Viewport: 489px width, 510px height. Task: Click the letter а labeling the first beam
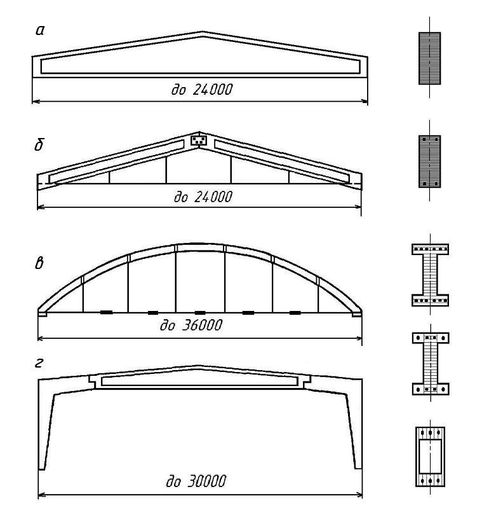39,31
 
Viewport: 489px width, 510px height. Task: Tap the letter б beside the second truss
39,144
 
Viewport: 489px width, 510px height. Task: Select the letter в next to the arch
39,263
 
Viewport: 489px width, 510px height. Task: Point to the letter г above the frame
39,363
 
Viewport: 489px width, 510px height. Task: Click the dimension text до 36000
191,325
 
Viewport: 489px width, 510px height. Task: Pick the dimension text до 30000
196,481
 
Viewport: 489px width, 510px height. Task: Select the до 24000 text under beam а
202,90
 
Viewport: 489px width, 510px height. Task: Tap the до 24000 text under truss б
203,196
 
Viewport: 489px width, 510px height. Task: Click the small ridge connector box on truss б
199,141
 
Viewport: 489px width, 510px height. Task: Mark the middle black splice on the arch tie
200,313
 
